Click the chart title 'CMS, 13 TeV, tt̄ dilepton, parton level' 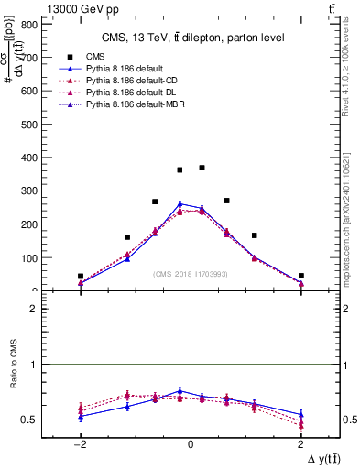coord(191,38)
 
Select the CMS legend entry coord(95,55)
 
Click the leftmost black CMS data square coord(81,276)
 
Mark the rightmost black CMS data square coord(300,275)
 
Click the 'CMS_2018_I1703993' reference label coord(190,274)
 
